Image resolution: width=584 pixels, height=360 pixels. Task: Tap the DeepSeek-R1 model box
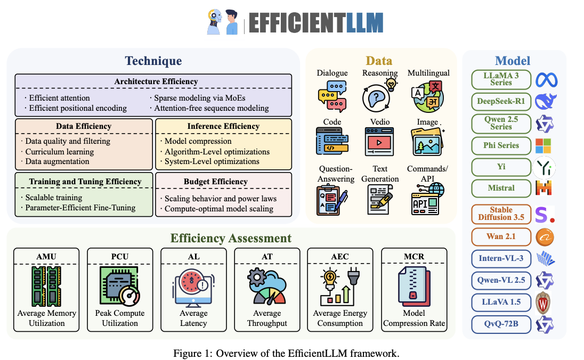point(500,102)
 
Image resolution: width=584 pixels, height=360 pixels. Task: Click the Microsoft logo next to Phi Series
point(544,145)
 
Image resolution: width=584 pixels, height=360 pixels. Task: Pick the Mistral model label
point(500,187)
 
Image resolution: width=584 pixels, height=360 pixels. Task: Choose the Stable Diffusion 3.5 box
point(500,214)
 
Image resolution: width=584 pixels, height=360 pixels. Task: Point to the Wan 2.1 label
point(500,236)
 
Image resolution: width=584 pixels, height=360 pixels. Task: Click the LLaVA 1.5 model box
point(500,302)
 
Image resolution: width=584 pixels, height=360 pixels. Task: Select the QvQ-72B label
point(500,324)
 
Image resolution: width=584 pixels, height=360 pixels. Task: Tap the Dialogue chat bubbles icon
point(332,96)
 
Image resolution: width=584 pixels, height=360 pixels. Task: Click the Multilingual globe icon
point(428,96)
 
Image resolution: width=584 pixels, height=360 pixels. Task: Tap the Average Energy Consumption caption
point(340,318)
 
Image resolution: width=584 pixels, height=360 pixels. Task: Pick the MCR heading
point(413,257)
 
